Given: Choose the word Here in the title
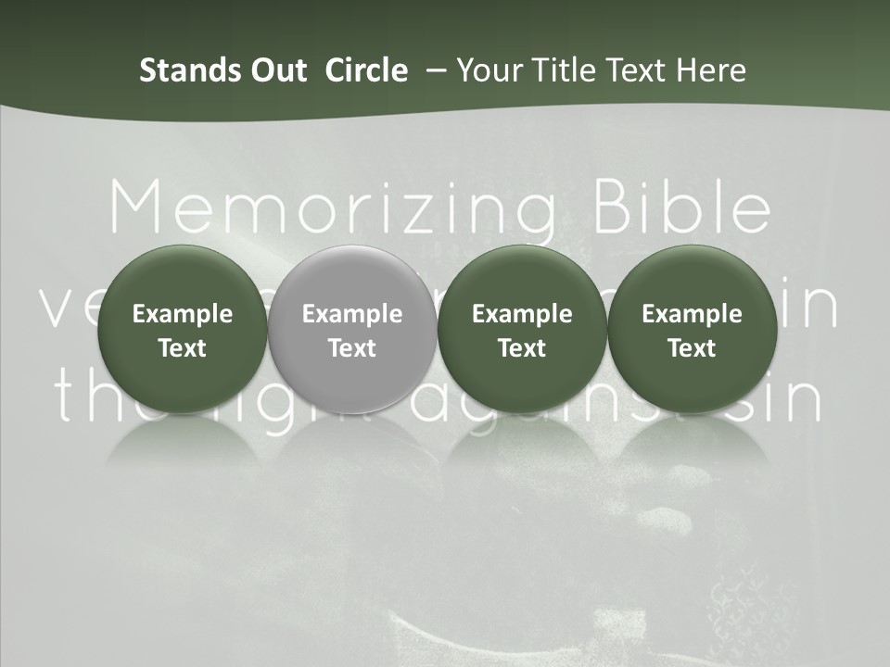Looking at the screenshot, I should click(709, 70).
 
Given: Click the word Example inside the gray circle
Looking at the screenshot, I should click(352, 314).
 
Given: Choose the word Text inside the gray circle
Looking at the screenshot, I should click(352, 348).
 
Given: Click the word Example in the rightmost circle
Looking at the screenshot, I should click(692, 314).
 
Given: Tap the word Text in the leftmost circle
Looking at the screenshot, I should click(183, 348).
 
